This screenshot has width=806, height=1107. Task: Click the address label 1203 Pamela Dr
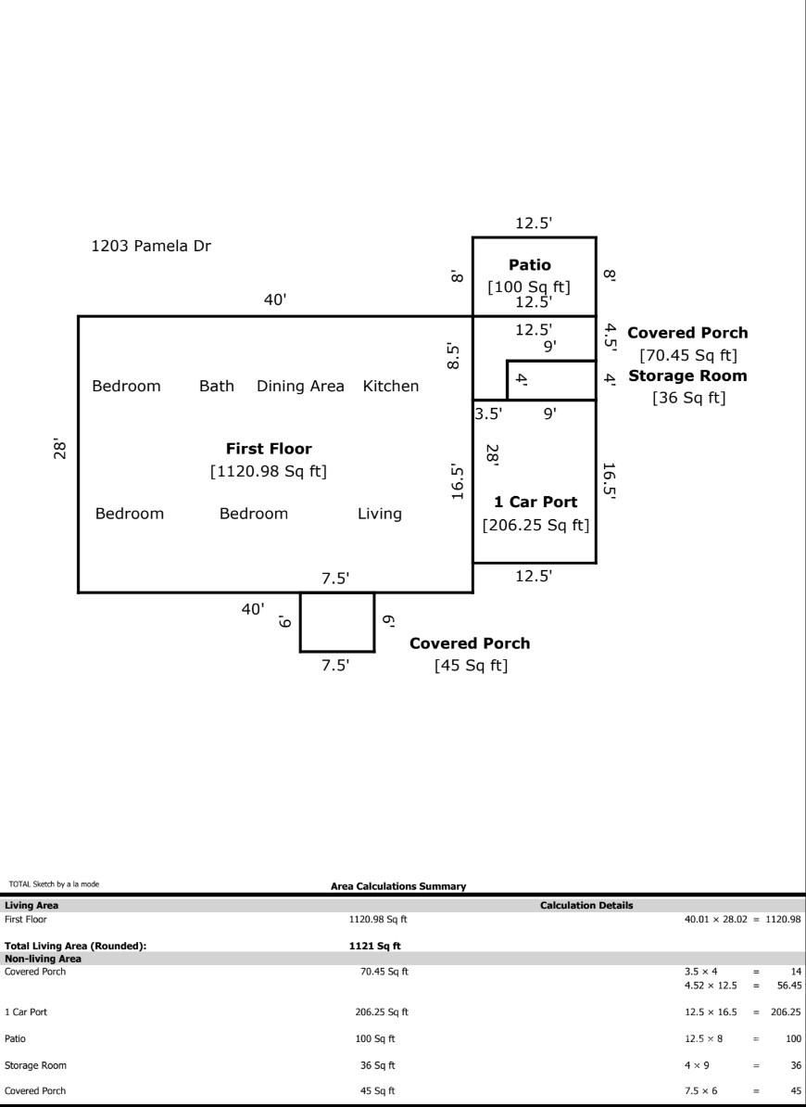(x=151, y=247)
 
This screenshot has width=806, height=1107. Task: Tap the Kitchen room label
(x=390, y=386)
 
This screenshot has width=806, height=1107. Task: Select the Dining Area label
(x=300, y=386)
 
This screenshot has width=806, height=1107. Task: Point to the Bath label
(x=217, y=386)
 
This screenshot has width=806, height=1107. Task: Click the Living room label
(x=380, y=513)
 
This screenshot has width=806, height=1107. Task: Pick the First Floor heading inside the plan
(x=269, y=449)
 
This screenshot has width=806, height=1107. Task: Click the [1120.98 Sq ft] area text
(x=269, y=471)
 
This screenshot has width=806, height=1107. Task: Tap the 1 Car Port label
(x=535, y=502)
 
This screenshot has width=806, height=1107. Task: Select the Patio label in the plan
(x=529, y=265)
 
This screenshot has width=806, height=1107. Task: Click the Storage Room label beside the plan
(x=687, y=375)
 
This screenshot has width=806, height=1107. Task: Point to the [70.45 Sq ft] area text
(x=687, y=354)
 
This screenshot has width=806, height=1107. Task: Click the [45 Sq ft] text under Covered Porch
(x=471, y=666)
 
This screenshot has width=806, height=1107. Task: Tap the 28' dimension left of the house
(x=60, y=449)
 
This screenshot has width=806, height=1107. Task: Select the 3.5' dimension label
(x=488, y=414)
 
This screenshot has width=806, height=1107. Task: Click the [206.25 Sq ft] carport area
(x=535, y=525)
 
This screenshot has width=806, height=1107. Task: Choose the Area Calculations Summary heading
(x=398, y=886)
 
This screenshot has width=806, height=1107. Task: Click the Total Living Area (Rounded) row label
(x=76, y=946)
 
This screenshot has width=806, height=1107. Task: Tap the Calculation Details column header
(x=586, y=906)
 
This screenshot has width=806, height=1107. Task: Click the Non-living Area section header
(x=43, y=959)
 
